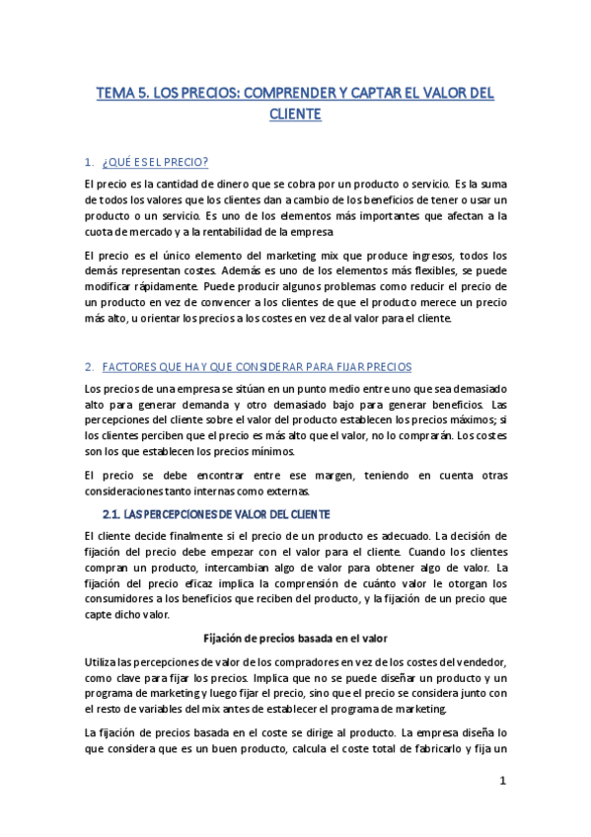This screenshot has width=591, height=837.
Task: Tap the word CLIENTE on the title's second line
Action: click(x=295, y=114)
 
